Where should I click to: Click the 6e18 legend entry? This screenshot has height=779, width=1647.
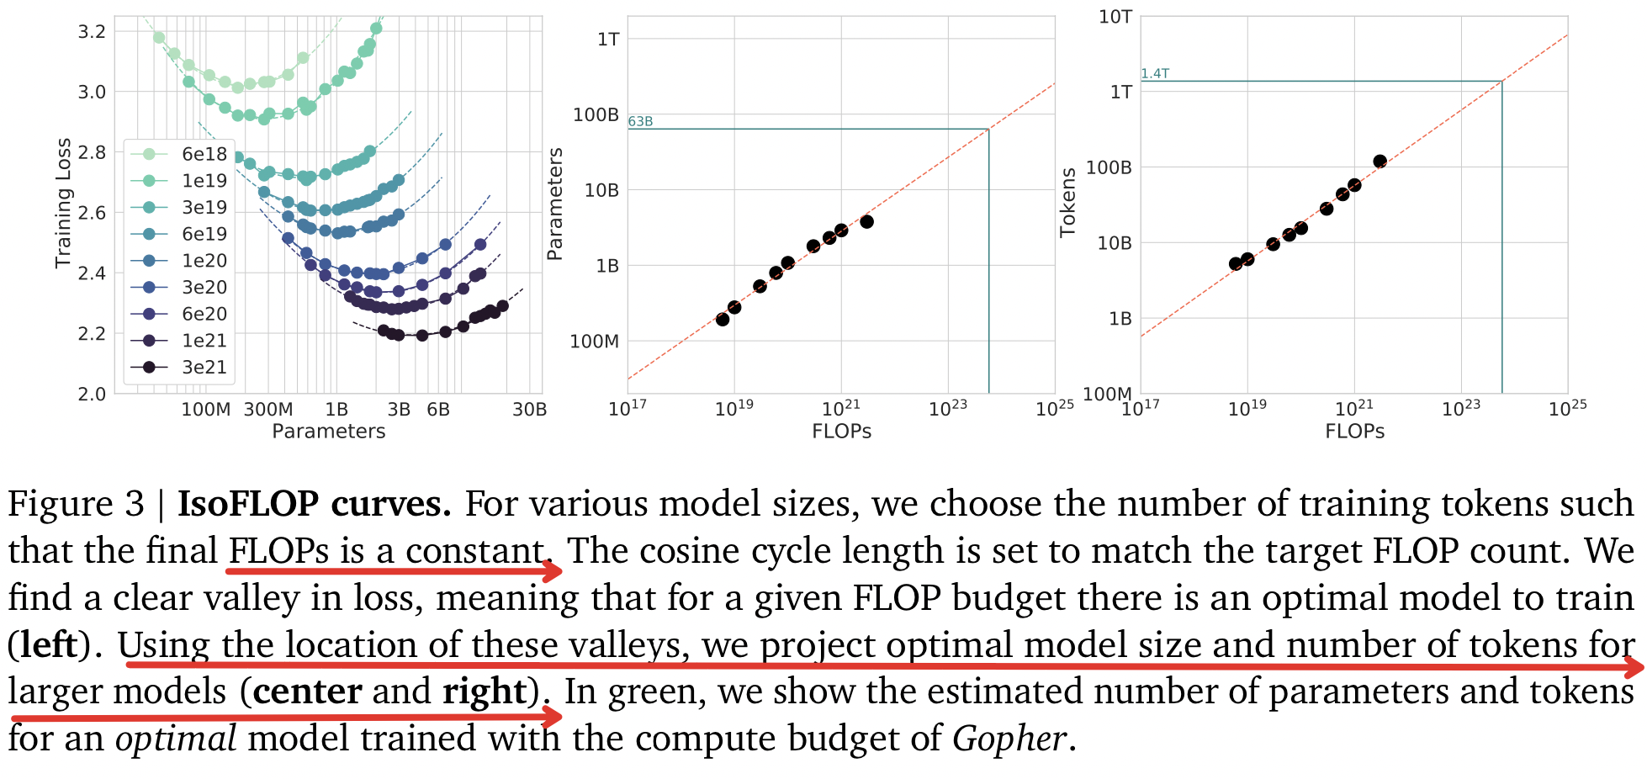coord(204,154)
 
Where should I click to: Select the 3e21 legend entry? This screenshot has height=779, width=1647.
coord(204,367)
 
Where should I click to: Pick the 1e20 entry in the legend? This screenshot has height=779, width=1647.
coord(204,261)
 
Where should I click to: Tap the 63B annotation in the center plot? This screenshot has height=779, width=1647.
coord(640,121)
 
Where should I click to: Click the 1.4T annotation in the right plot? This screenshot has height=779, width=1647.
coord(1154,73)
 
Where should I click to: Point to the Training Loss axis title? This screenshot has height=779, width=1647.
coord(63,204)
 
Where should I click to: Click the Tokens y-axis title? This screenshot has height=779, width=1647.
coord(1067,202)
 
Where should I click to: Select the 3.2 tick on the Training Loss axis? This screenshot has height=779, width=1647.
coord(92,32)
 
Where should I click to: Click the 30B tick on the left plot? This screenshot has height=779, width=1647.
coord(529,410)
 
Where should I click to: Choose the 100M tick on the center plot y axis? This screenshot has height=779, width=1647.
coord(594,342)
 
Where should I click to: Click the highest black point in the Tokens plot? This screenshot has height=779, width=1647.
coord(1380,162)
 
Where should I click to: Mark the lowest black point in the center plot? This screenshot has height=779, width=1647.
coord(723,319)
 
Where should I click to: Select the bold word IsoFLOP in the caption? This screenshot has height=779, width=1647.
coord(248,503)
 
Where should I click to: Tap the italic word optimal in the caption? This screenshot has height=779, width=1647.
coord(176,739)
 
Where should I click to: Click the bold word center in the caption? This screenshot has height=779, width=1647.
coord(307,692)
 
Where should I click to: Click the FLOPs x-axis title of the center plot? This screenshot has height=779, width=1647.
coord(841,432)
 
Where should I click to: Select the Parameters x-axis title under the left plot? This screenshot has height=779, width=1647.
coord(328,432)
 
